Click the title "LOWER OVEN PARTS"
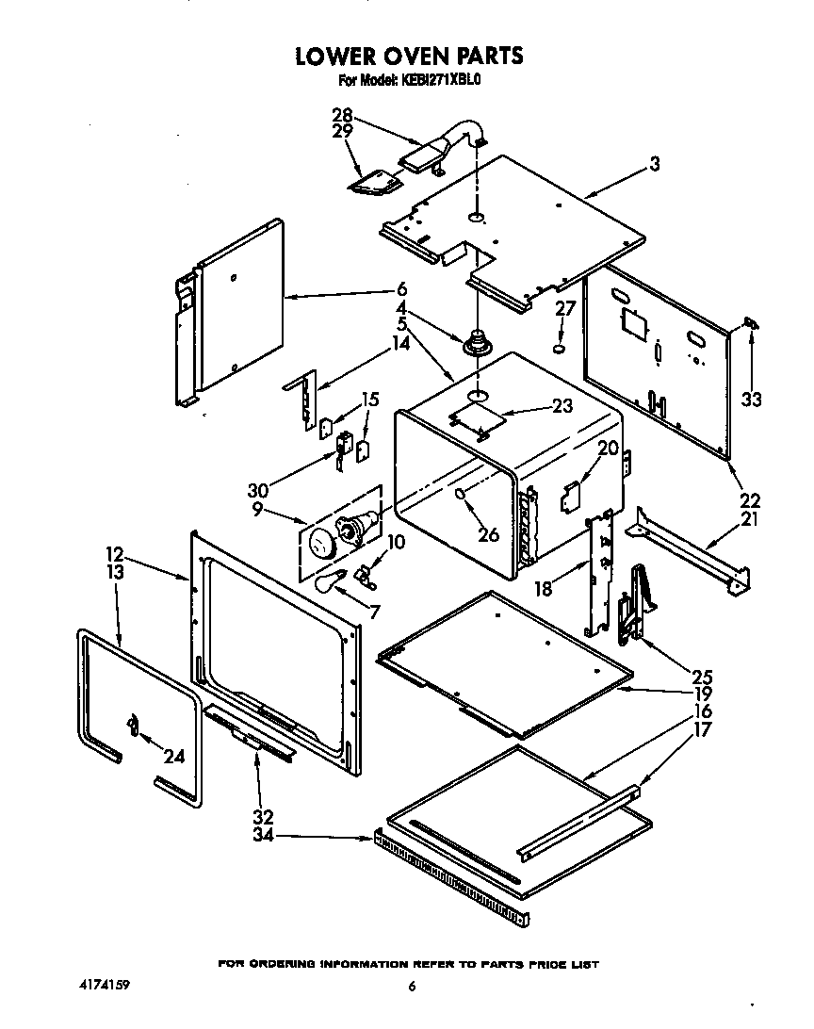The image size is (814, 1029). [408, 56]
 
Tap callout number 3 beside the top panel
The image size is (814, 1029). [653, 164]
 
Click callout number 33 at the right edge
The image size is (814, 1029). [750, 400]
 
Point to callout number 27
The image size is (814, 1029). [563, 307]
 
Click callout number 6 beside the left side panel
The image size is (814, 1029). [400, 289]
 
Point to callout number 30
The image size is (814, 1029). [257, 490]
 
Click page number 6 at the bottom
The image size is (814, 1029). [412, 987]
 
